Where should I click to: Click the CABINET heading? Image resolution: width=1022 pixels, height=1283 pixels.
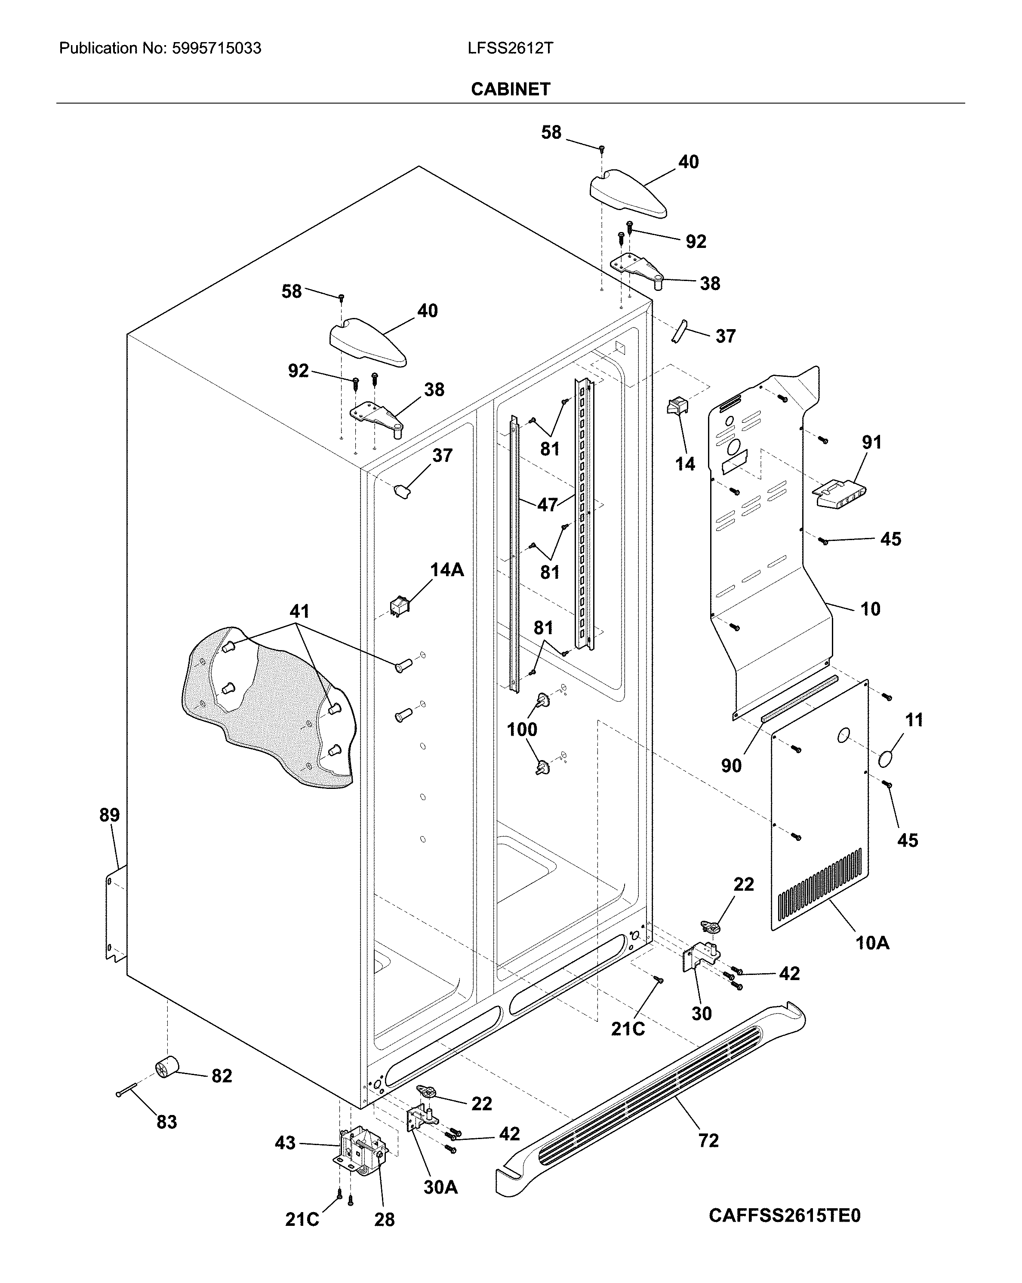coord(511,89)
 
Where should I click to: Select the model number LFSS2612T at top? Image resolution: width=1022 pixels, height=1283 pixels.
coord(511,48)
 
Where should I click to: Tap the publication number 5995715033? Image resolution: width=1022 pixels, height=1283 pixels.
coord(216,48)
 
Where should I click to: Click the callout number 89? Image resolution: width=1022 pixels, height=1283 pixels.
coord(110,815)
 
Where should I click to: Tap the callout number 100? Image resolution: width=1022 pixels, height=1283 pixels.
coord(522,729)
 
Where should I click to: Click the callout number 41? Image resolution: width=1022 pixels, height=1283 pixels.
coord(299,611)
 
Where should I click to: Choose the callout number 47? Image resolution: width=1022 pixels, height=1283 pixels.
coord(547,504)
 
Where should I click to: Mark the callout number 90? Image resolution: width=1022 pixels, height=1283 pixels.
coord(731,765)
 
